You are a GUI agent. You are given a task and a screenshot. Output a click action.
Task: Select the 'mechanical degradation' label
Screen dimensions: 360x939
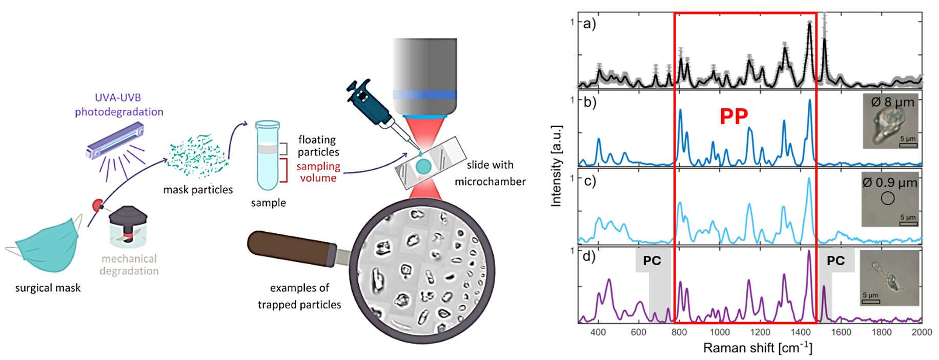tap(129, 265)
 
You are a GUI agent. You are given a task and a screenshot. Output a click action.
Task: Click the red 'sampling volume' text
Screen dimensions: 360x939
tap(318, 172)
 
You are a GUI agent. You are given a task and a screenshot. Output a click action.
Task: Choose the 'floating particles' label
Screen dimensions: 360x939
tap(318, 146)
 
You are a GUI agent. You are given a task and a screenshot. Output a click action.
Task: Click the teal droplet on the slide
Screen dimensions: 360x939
tap(423, 166)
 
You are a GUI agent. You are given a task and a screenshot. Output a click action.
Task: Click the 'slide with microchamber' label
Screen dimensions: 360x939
tap(490, 173)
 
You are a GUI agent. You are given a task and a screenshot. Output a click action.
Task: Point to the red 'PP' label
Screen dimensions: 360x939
tap(733, 117)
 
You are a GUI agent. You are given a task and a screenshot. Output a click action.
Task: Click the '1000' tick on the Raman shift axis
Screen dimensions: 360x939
tap(720, 332)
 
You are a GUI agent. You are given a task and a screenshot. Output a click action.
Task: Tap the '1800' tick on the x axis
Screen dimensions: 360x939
tap(882, 332)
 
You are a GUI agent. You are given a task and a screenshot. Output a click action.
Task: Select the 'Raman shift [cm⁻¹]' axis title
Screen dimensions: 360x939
tap(758, 348)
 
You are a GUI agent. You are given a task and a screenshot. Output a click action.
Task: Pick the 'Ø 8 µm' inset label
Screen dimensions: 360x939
tap(892, 102)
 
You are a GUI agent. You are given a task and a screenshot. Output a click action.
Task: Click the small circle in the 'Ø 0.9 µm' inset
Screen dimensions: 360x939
tap(888, 198)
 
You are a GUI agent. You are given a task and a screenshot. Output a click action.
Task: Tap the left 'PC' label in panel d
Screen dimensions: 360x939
tap(652, 261)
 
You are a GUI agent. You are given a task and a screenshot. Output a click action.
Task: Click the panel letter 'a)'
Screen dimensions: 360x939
tap(589, 24)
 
